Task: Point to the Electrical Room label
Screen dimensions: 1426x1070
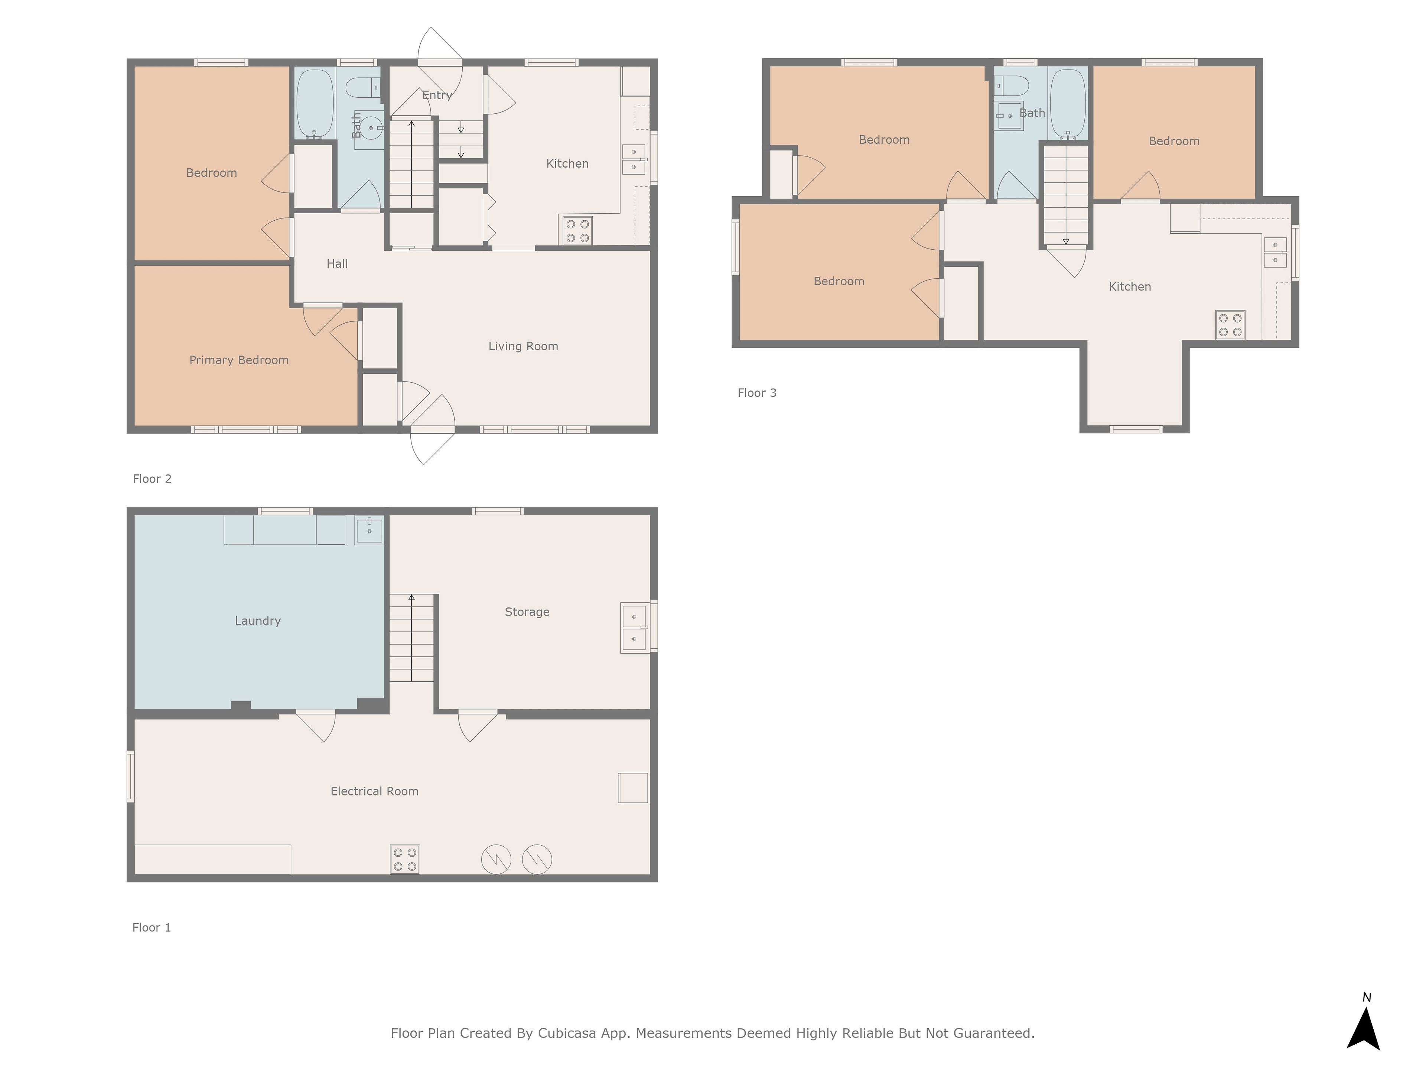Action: pyautogui.click(x=375, y=791)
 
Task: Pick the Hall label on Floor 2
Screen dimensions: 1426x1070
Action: pyautogui.click(x=337, y=264)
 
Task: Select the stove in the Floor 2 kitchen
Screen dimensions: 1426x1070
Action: pyautogui.click(x=577, y=231)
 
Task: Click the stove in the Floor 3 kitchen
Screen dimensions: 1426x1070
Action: pyautogui.click(x=1230, y=325)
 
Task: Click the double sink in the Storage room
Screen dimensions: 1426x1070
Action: pyautogui.click(x=634, y=628)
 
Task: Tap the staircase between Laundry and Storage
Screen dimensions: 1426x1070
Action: pyautogui.click(x=412, y=638)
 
